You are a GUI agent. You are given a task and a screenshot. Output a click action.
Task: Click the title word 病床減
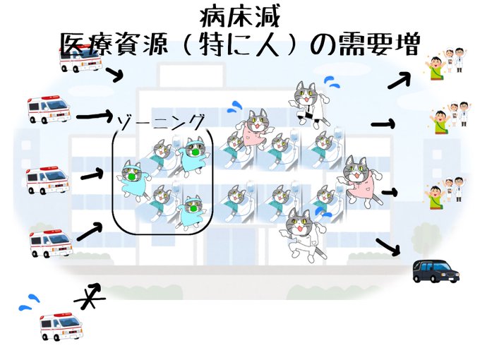point(240,16)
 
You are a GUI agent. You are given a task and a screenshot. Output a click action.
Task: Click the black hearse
point(435,270)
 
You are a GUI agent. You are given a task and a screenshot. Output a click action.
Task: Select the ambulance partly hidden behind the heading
point(80,58)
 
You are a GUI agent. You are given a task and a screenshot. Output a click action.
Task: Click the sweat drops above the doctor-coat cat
point(331,83)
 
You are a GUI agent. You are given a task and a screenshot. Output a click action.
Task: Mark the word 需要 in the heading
point(364,46)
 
